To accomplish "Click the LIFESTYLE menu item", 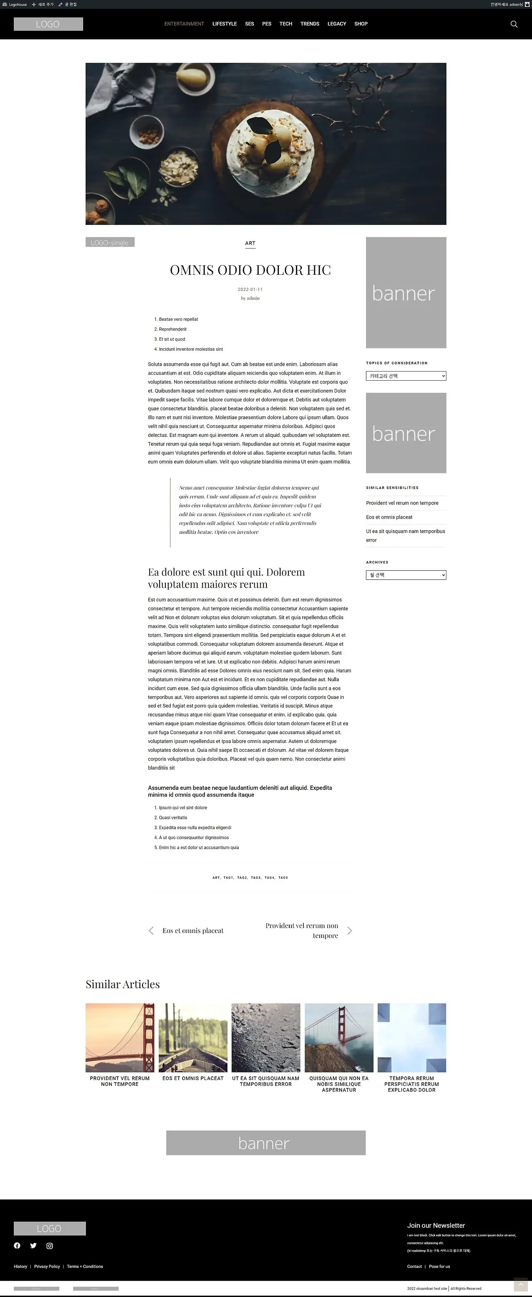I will coord(224,24).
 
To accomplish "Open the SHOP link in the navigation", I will coord(361,24).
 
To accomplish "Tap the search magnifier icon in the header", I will coord(514,24).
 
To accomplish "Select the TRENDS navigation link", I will coord(310,24).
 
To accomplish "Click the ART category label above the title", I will coord(250,243).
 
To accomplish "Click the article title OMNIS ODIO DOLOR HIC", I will coord(250,270).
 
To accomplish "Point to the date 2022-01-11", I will coord(250,290).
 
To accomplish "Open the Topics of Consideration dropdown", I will coord(406,376).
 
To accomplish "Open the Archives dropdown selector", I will coord(406,575).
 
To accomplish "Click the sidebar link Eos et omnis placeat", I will coord(389,517).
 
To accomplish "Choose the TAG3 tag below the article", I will coord(256,878).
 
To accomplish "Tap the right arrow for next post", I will coord(350,930).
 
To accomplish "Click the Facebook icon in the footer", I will coord(17,1245).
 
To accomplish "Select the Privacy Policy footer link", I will coord(47,1266).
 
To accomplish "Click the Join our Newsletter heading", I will coord(436,1226).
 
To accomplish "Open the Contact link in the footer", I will coord(414,1266).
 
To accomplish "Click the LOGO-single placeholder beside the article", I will coord(110,242).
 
